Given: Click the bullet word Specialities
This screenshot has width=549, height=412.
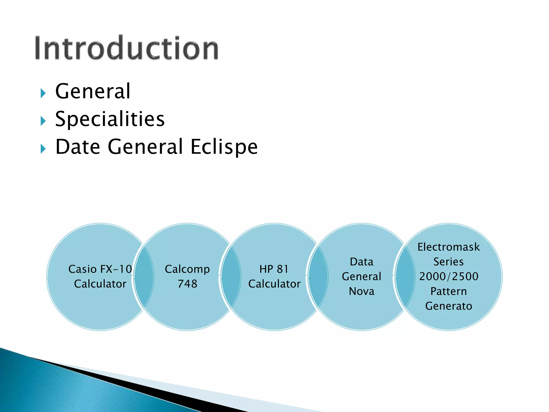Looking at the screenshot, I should click(110, 119).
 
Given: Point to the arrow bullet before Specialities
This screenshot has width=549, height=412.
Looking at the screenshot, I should click(43, 121).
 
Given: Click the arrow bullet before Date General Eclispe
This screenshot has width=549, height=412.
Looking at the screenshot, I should click(43, 149).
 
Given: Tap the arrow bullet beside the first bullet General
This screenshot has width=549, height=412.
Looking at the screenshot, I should click(43, 93).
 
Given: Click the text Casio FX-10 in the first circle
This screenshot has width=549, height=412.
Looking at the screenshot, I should click(100, 269).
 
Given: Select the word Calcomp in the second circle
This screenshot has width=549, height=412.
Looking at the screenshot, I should click(187, 269).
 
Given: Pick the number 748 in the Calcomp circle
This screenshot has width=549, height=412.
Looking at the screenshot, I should click(187, 284).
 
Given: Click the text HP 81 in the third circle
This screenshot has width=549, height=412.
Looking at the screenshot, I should click(274, 269).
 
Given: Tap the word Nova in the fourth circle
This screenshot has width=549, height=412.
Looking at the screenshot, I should click(361, 291).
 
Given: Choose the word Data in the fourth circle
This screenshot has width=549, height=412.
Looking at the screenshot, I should click(361, 262).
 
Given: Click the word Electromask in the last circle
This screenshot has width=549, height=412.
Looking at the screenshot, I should click(448, 247).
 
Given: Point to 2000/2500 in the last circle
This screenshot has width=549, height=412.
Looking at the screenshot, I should click(448, 277).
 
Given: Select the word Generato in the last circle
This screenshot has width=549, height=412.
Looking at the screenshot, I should click(448, 306).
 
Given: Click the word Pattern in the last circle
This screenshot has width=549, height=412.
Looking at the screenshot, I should click(448, 291).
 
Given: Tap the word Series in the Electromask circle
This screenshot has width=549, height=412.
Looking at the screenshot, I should click(448, 262).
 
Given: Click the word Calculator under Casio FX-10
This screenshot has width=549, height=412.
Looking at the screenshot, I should click(100, 284).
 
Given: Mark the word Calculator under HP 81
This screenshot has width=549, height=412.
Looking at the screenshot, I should click(274, 284).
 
